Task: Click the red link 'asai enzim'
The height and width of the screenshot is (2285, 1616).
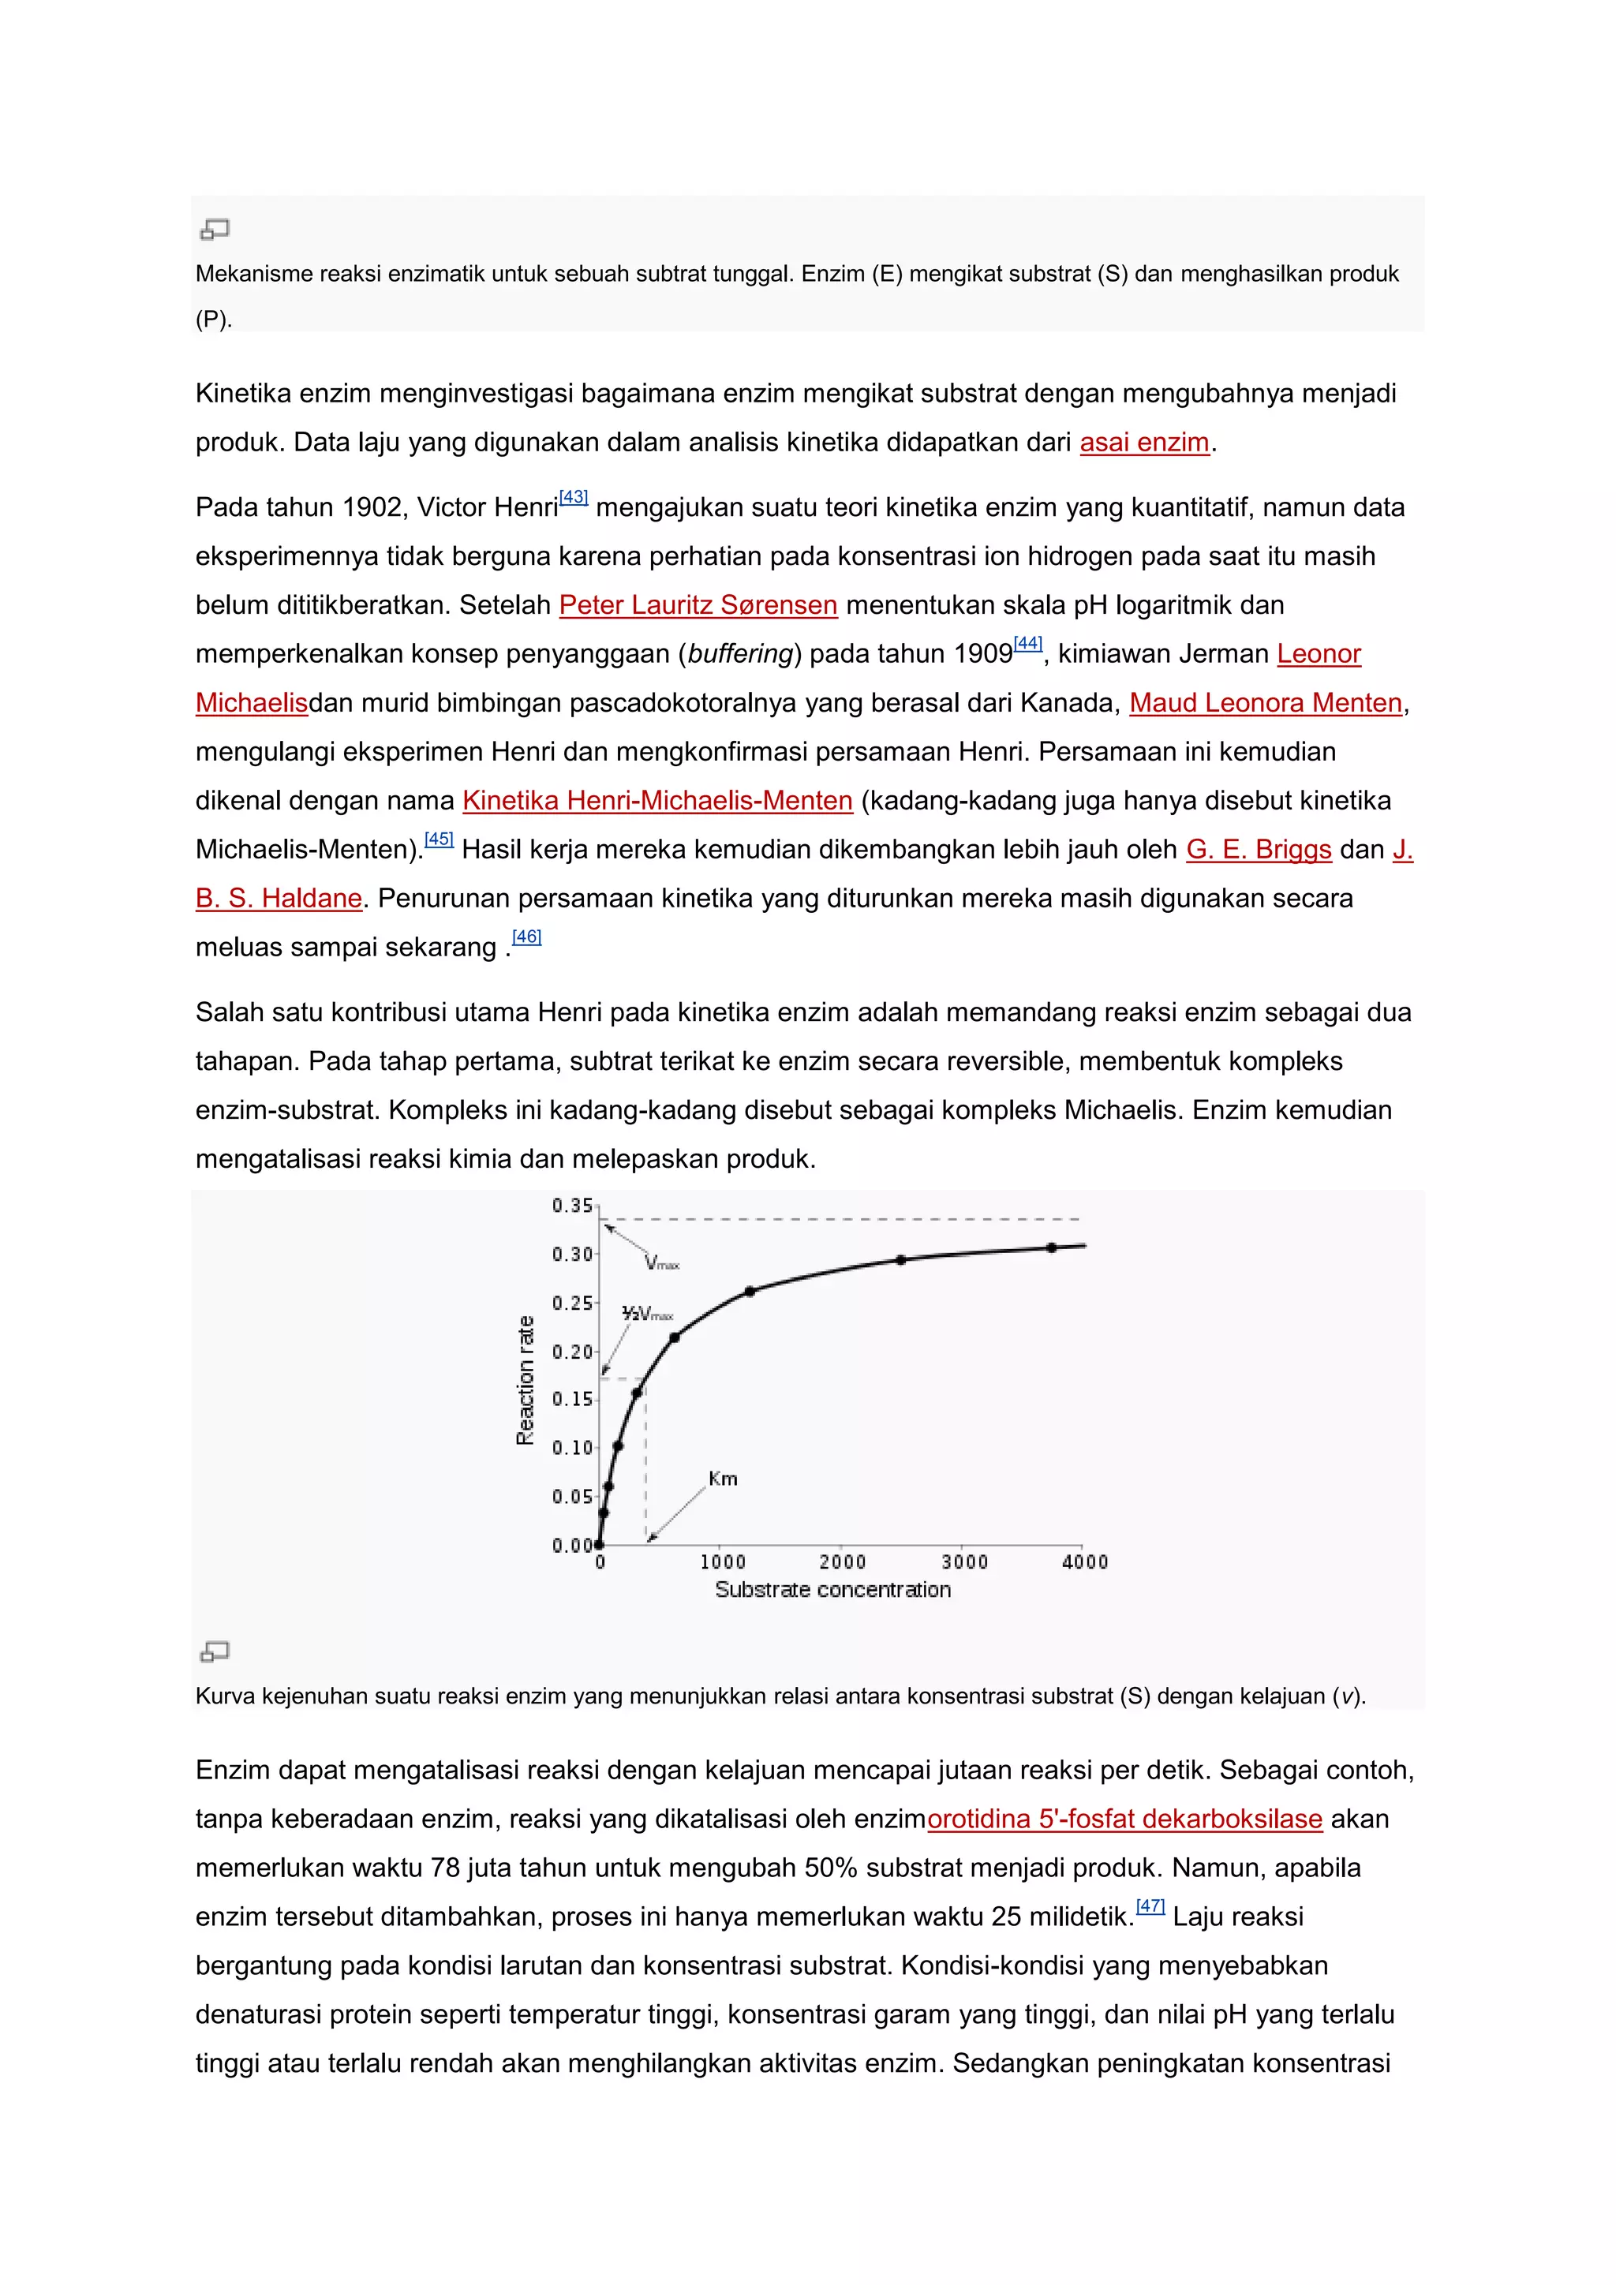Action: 1144,443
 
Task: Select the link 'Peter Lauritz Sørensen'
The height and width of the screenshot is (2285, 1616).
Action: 698,605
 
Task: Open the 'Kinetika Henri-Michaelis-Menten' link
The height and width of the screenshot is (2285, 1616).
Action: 656,801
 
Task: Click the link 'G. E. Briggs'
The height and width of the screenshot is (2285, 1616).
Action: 1258,850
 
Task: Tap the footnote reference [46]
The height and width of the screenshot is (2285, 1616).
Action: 526,937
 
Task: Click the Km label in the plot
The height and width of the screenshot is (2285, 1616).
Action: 724,1479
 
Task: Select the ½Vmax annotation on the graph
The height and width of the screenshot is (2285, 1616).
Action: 647,1314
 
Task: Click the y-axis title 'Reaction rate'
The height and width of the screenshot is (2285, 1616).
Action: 526,1380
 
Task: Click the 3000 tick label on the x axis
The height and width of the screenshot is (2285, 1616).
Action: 964,1562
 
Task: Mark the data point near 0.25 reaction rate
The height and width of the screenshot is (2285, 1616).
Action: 750,1292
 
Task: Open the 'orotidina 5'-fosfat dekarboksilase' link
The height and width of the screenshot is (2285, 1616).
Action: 1124,1819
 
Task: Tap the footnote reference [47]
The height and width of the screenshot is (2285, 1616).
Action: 1150,1905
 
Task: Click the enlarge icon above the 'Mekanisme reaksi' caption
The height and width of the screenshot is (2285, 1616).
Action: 215,230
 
